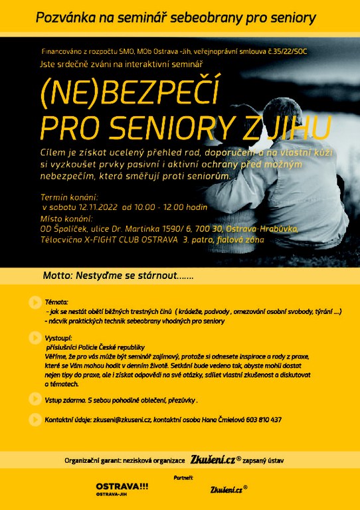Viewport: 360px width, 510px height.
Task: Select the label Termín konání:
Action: click(69, 197)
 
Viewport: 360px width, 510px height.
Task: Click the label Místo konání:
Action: click(65, 218)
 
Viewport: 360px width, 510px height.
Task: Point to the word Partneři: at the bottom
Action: click(184, 477)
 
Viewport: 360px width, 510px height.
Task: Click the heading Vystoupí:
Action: click(58, 338)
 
